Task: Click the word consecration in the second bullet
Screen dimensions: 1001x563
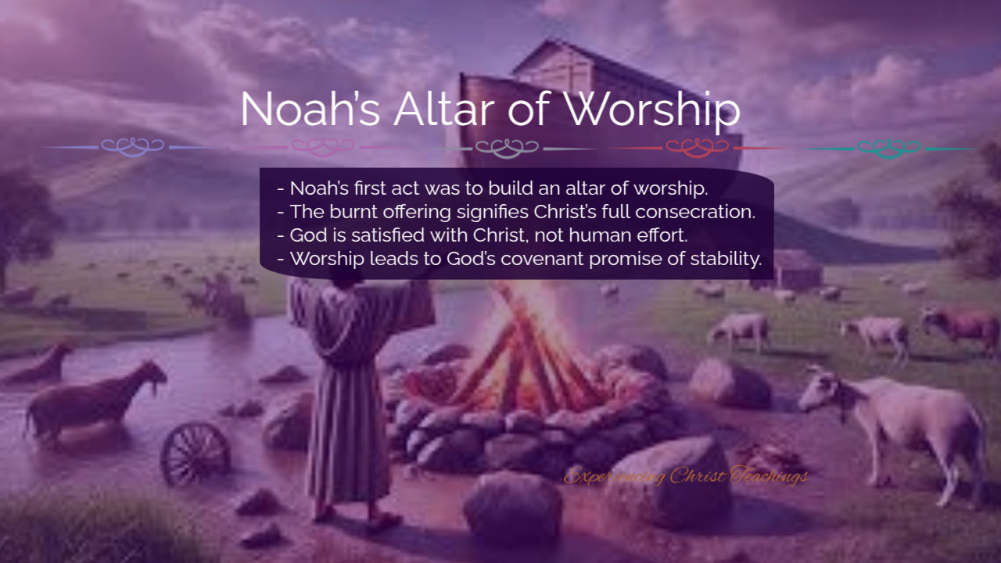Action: tap(695, 212)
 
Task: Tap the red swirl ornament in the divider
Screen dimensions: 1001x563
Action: tap(697, 148)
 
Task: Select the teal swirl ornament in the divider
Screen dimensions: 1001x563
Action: tap(889, 148)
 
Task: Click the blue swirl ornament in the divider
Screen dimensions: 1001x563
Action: tap(133, 147)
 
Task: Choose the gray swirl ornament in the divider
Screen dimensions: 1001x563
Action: tap(508, 149)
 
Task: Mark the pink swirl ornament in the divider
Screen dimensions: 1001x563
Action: tap(323, 147)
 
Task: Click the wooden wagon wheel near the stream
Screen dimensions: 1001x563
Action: tap(196, 453)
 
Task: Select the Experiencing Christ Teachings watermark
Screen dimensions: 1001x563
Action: tap(686, 475)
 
